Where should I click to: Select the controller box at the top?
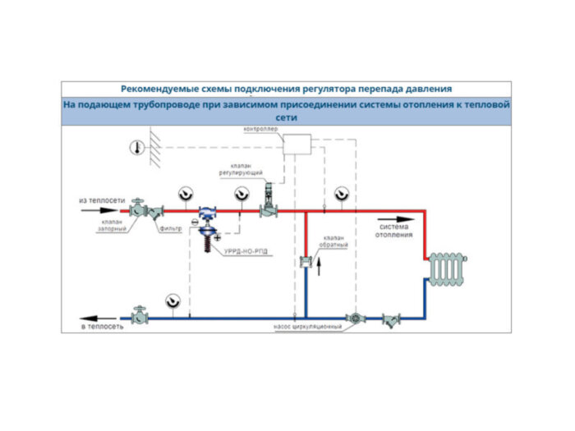coord(299,145)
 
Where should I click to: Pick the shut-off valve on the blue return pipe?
coord(140,314)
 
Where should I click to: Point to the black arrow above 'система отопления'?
coord(393,221)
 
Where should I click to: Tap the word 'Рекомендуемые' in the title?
coord(154,89)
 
